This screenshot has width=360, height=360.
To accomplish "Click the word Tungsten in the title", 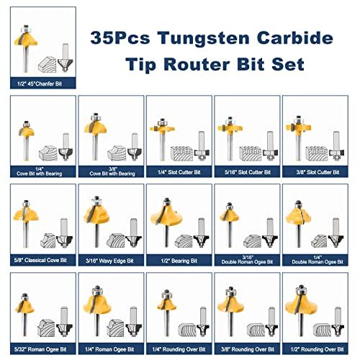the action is [204, 38].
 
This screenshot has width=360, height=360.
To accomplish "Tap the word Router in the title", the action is [197, 64].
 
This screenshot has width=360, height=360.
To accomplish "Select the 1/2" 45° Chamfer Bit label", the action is [40, 84].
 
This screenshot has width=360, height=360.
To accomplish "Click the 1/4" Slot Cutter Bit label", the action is [179, 172].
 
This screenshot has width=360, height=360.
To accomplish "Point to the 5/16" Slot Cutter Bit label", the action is [248, 172].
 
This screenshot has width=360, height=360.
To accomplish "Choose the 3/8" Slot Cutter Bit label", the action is [318, 172].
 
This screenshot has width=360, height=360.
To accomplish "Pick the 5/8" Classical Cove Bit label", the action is [40, 260].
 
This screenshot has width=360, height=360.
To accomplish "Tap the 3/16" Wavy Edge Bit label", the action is [109, 261].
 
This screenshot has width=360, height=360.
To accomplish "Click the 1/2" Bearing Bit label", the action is [179, 261].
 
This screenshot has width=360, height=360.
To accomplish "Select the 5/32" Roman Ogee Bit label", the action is [40, 349].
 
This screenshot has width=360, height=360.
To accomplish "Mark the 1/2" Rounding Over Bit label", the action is [317, 349].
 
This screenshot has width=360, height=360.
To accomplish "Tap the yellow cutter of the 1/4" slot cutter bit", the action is [162, 129].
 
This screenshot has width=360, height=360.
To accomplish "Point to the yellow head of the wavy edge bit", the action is [96, 215].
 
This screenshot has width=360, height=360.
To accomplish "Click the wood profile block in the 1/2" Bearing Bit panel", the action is [184, 241].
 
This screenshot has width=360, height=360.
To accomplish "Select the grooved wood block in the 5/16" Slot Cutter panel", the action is [251, 153].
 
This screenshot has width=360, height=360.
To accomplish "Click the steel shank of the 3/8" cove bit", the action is [96, 146].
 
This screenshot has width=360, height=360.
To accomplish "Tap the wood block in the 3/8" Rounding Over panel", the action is [256, 330].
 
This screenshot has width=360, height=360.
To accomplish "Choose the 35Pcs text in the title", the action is [120, 38].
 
